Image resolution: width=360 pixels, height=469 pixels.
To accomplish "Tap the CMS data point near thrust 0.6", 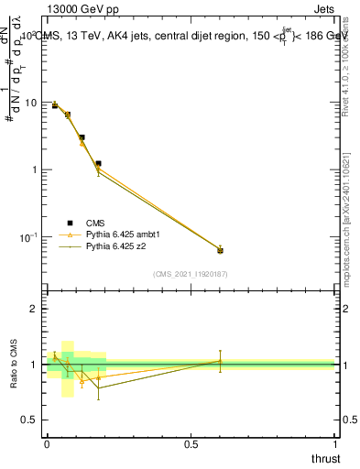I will (220, 250).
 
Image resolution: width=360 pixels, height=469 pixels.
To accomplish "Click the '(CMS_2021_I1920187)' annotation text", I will (191, 273).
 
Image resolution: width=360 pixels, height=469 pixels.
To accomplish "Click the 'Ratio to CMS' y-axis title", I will (14, 365).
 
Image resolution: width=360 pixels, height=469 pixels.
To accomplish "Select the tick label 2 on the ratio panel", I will (35, 309).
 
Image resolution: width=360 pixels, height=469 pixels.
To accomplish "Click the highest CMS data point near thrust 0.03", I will (55, 106).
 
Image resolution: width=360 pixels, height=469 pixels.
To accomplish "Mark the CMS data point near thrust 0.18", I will (98, 163).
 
